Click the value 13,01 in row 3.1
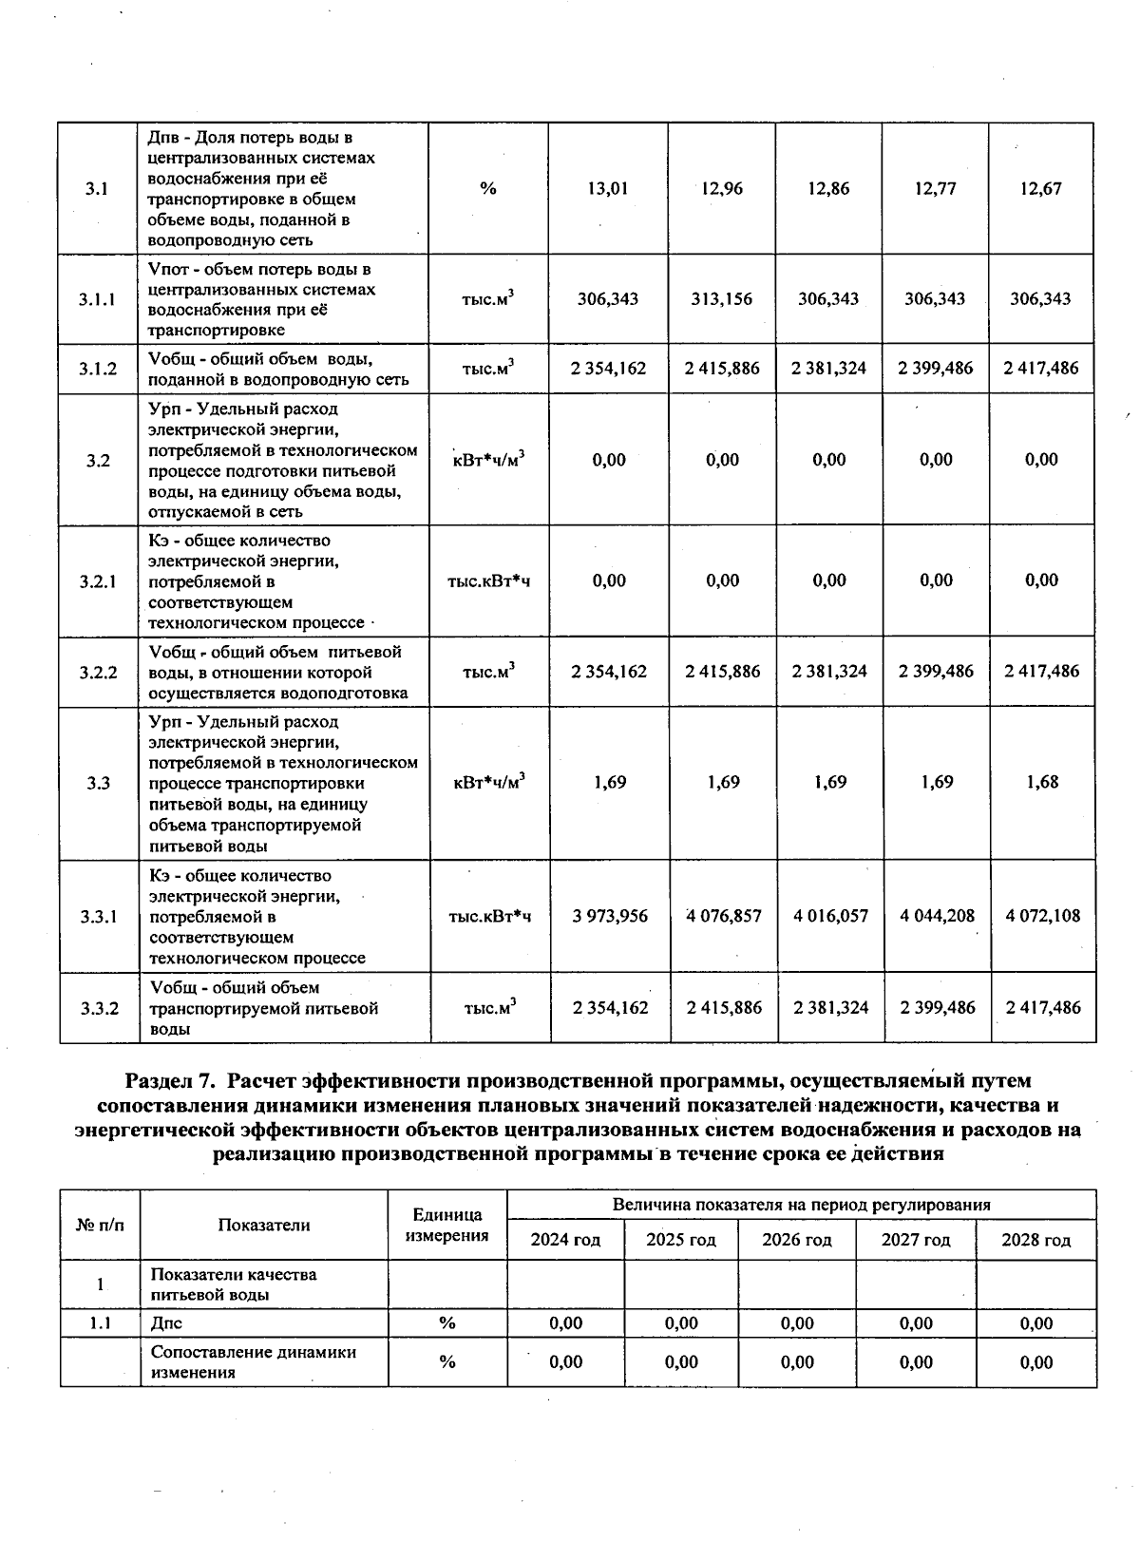point(608,188)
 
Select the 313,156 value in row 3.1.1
point(722,298)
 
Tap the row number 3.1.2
point(98,369)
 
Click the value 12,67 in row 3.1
point(1040,188)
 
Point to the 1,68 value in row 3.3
point(1041,782)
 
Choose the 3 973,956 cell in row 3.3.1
point(610,916)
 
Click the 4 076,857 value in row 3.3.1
point(724,916)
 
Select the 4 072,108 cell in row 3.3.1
point(1042,916)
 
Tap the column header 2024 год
point(565,1240)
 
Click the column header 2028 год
point(1036,1240)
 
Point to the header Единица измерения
point(447,1225)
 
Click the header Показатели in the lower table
point(264,1225)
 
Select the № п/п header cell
point(100,1225)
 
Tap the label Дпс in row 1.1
point(166,1322)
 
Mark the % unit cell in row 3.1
point(488,188)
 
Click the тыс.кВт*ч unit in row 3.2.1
point(488,580)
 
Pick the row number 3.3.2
point(99,1008)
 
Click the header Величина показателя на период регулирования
point(801,1205)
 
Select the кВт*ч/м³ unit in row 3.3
point(489,782)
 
